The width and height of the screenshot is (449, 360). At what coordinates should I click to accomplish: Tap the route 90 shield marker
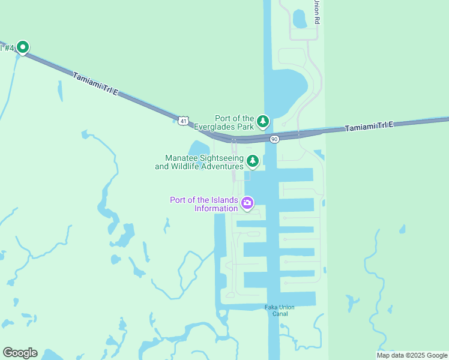(274, 139)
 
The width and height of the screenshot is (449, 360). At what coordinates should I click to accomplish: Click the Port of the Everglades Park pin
(263, 122)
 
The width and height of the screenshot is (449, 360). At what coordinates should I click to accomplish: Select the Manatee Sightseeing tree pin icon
(253, 161)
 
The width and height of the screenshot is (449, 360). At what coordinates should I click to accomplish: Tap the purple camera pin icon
(247, 203)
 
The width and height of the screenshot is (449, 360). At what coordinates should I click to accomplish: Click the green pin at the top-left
(23, 47)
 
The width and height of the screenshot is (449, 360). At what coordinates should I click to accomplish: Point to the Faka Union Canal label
(280, 310)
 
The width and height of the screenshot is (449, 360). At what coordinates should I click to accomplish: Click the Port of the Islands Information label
(204, 204)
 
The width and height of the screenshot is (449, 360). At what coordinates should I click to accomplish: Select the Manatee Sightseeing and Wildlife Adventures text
(199, 162)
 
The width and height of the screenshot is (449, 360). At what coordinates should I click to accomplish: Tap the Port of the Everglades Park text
(235, 122)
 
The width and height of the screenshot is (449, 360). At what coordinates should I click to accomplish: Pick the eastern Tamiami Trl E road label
(369, 127)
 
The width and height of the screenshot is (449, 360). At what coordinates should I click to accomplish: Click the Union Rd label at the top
(316, 12)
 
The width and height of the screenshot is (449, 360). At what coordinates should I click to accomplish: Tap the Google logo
(20, 353)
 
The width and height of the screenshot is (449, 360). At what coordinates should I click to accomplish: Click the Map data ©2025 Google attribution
(412, 355)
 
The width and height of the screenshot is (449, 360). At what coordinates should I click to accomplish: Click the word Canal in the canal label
(280, 314)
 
